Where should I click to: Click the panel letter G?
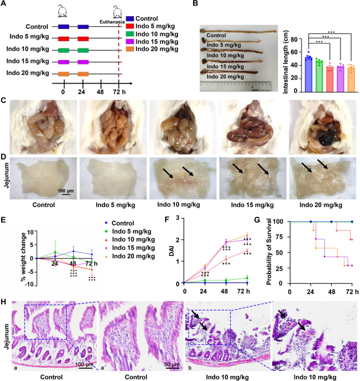257,220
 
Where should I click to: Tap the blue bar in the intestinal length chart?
308,75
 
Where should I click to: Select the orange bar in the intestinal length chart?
351,80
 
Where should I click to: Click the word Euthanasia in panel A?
112,22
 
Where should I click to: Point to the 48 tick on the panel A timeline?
100,92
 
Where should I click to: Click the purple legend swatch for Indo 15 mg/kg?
130,42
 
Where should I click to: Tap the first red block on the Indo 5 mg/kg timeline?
63,38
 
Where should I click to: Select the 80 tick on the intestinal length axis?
294,39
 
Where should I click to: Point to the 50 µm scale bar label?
172,364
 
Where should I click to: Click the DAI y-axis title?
172,250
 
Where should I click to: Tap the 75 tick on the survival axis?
278,237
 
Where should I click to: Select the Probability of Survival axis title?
269,252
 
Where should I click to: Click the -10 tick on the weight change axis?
29,284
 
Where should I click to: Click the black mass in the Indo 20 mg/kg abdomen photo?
326,138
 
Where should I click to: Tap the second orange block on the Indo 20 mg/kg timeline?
83,74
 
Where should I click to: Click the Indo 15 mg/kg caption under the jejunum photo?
252,205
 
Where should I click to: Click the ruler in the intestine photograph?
236,86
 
